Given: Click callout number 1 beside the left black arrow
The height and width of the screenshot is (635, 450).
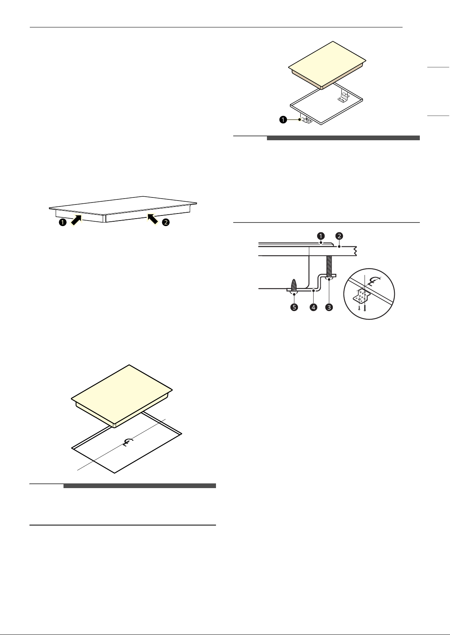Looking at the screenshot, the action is (62, 222).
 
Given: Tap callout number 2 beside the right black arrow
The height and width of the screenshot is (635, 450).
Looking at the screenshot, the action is (166, 222).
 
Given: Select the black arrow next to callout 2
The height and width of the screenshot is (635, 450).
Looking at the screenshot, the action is (152, 219).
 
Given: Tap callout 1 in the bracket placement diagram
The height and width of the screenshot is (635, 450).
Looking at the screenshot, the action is (283, 119).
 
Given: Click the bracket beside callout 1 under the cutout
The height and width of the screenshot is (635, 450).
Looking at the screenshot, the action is (307, 121).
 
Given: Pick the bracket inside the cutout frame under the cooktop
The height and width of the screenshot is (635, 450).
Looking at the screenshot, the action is (343, 97).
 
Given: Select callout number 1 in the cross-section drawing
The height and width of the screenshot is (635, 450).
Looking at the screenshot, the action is (321, 236).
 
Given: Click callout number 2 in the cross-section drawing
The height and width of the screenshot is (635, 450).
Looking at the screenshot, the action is (339, 236).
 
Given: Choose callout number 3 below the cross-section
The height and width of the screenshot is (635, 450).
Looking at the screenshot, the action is (329, 307).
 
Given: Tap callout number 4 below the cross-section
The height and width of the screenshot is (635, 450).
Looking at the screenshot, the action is (313, 307).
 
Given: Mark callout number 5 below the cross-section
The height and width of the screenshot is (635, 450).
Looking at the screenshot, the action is (294, 307).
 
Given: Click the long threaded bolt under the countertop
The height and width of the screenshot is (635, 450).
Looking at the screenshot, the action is (329, 266).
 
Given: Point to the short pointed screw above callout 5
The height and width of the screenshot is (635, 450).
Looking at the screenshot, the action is (294, 285).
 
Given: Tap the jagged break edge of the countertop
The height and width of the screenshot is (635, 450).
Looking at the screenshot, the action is (355, 251).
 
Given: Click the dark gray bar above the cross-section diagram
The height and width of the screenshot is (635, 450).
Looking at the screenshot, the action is (343, 138).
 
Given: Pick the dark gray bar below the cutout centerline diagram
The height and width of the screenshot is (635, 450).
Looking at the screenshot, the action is (140, 486).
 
